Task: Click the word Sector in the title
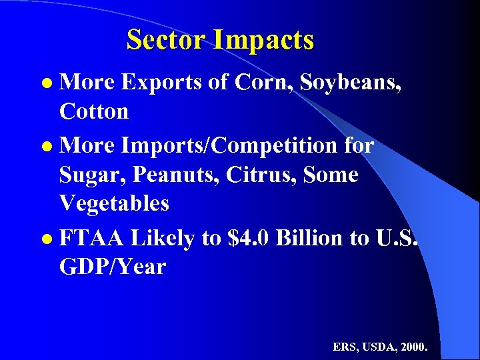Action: [x=167, y=40]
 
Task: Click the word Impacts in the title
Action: [x=264, y=41]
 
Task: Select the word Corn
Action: [x=261, y=82]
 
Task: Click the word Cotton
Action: [x=94, y=111]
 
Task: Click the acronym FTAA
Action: [x=92, y=238]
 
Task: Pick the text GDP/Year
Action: [x=112, y=267]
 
